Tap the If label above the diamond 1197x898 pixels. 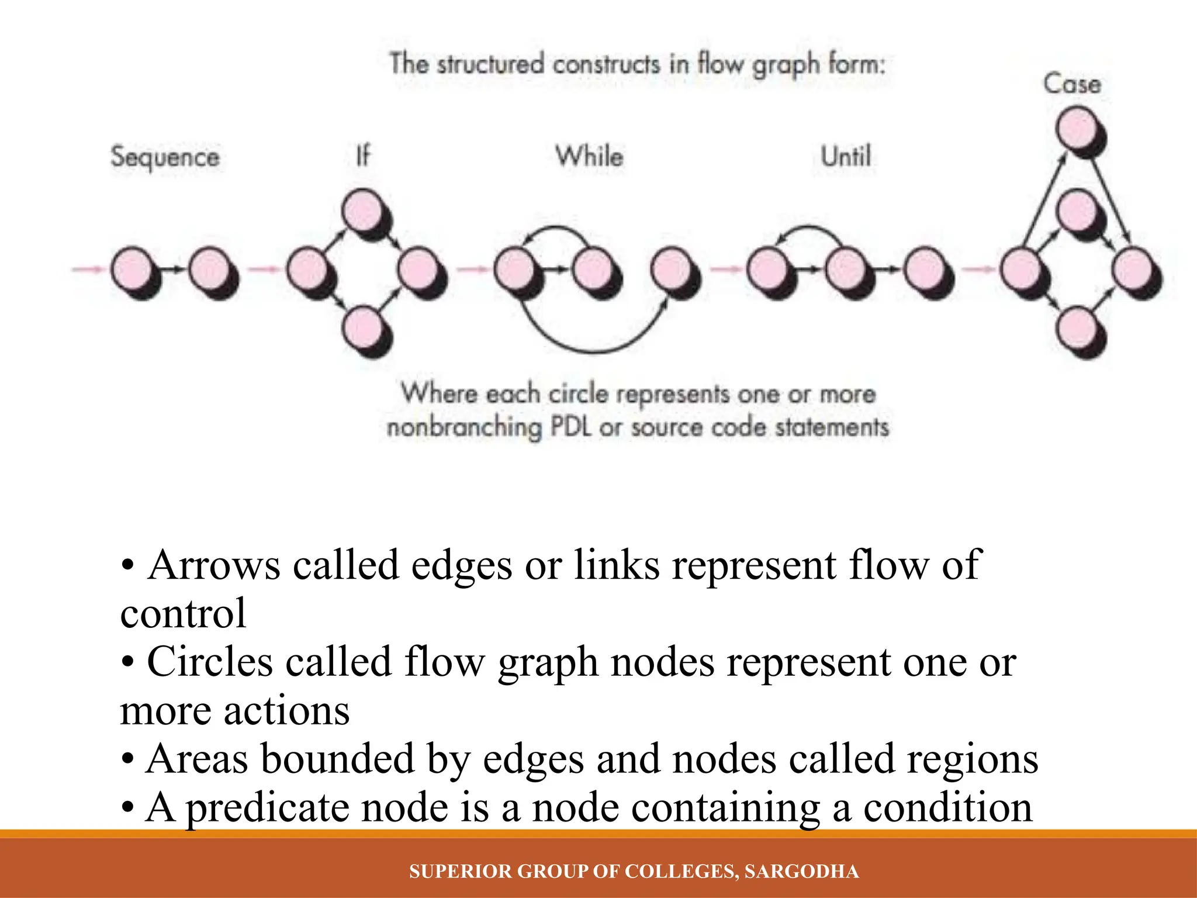click(x=363, y=156)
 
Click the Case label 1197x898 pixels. click(x=1072, y=84)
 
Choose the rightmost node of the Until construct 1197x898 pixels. click(x=925, y=269)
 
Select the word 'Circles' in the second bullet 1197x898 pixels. click(x=210, y=662)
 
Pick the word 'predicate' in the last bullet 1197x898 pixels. click(x=267, y=808)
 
